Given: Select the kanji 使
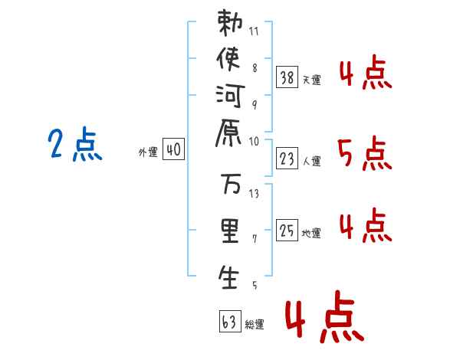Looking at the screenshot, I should point(228,60).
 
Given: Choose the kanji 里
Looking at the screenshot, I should point(228,231).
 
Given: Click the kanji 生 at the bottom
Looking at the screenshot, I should point(228,277).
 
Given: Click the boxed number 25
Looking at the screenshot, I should point(287,230).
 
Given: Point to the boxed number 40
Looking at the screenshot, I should point(173,151).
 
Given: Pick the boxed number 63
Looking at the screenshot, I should point(229,320).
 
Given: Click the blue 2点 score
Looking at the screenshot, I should point(75,145).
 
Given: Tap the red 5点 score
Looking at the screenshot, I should point(364,155).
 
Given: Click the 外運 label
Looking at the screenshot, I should point(147,152).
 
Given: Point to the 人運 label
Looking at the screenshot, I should point(312,161).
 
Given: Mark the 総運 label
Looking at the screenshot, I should point(255,325).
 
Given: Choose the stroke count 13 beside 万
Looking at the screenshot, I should point(254,193).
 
